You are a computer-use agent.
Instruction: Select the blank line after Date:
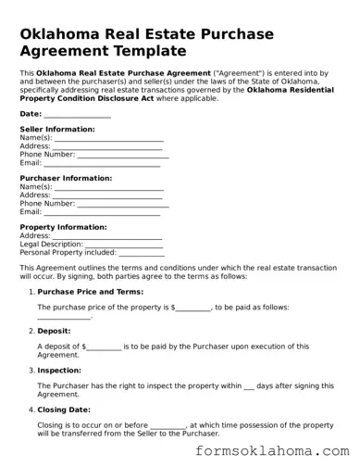click(77, 115)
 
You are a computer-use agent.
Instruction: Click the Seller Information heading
click(56, 130)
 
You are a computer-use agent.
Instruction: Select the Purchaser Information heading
click(66, 178)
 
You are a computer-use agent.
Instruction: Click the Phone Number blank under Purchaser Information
click(123, 203)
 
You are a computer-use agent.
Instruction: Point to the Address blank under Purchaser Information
click(108, 195)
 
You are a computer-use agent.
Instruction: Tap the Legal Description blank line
click(123, 244)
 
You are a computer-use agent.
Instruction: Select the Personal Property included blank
click(143, 252)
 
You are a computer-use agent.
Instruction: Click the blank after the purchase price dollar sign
click(193, 307)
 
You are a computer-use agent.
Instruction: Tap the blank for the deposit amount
click(105, 346)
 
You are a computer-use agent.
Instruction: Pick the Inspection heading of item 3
click(60, 369)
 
